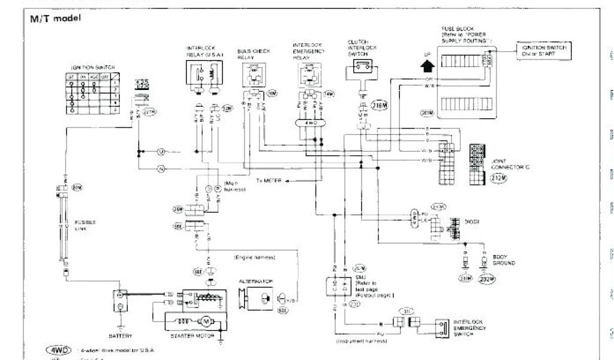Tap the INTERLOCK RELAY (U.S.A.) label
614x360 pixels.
204,52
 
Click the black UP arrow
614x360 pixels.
427,62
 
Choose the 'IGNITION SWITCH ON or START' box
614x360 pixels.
543,50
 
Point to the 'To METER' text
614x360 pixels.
269,179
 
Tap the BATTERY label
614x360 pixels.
121,335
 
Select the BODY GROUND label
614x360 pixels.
504,260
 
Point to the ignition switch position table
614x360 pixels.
91,94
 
